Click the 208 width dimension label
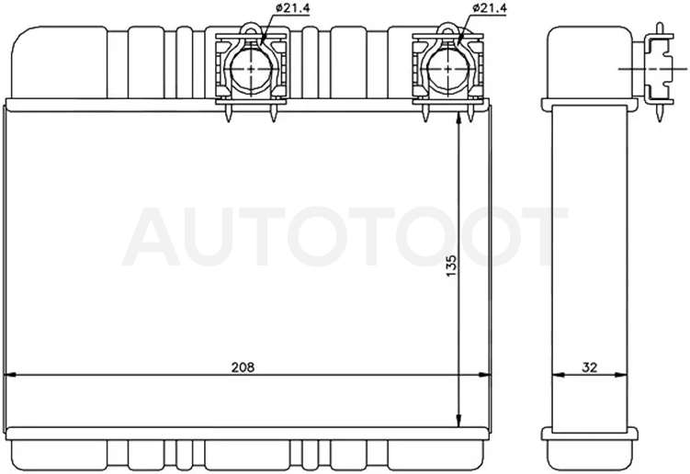[243, 367]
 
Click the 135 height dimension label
[452, 265]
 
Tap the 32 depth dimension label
[589, 367]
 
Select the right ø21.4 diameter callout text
[490, 8]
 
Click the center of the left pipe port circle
[251, 69]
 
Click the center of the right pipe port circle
[447, 69]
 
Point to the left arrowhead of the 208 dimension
[10, 375]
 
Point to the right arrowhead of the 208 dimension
[484, 375]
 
